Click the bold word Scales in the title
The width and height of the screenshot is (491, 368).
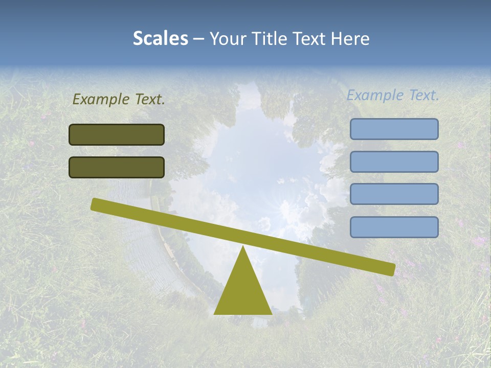[160, 38]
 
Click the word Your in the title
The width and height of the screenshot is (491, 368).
[226, 38]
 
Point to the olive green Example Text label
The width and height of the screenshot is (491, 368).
[119, 100]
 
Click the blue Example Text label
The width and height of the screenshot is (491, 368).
[393, 95]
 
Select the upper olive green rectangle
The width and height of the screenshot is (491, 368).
[117, 134]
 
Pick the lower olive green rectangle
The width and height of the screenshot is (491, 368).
[117, 167]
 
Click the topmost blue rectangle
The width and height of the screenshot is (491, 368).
[394, 129]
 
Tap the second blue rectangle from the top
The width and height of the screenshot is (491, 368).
[394, 162]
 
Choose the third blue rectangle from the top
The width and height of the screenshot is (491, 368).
[394, 194]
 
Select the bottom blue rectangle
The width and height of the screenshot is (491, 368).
[394, 227]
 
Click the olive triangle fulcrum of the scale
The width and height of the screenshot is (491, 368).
[243, 291]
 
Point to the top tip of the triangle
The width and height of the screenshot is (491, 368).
[243, 248]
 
